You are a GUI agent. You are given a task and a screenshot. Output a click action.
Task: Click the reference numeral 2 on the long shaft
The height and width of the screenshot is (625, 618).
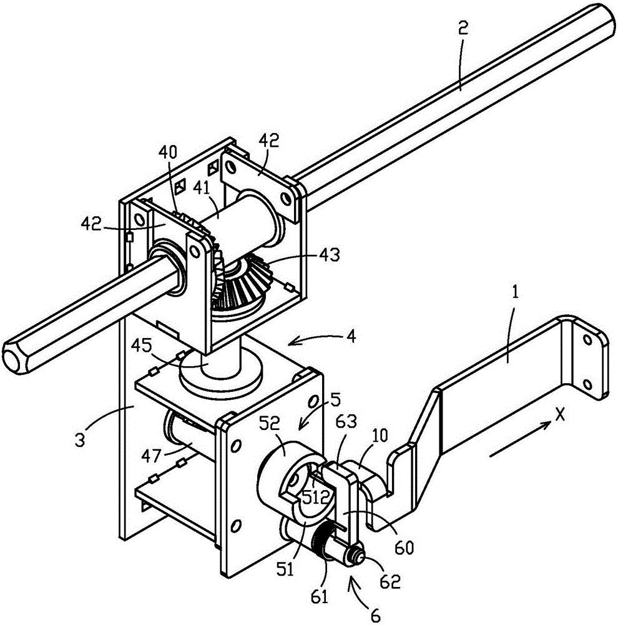[x=463, y=29]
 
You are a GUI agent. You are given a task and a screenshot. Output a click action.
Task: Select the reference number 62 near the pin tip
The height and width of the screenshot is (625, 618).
[x=390, y=581]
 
